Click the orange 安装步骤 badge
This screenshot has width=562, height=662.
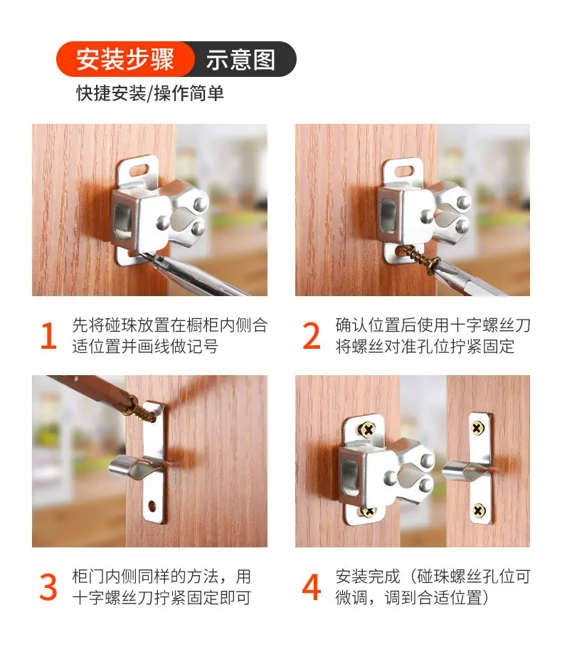tap(125, 59)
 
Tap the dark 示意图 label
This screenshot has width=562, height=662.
tap(241, 60)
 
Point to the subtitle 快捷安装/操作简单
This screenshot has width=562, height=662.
tap(150, 93)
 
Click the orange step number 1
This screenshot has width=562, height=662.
tap(49, 336)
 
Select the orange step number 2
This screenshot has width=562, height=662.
tap(312, 336)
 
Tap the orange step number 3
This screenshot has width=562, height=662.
tap(48, 587)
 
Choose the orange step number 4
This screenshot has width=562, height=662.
tap(312, 587)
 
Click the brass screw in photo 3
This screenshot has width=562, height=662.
tap(142, 410)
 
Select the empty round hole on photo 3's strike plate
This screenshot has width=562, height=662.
tap(152, 505)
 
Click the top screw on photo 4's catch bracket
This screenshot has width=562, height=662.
tap(366, 430)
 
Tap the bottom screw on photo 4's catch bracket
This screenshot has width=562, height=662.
tap(368, 512)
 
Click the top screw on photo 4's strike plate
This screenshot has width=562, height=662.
tap(477, 429)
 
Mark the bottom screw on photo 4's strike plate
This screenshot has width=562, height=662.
tap(478, 511)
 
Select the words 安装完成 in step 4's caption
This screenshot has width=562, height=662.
tap(368, 577)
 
